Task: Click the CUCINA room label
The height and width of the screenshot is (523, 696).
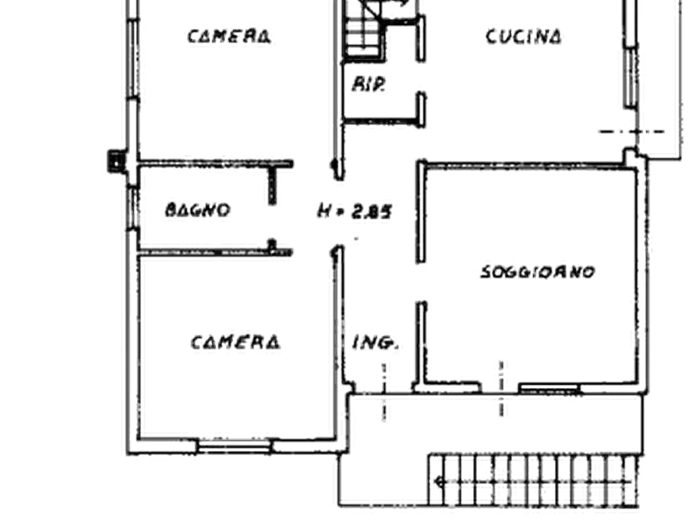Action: coord(523,37)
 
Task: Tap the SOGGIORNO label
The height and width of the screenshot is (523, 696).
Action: coord(538,272)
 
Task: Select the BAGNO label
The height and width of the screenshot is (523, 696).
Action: coord(197,209)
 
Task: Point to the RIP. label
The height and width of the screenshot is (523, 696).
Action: coord(369,84)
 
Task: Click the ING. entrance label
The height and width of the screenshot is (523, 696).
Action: coord(375,343)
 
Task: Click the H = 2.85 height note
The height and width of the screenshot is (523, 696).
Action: coord(355,211)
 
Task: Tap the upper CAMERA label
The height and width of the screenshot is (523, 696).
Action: coord(229,36)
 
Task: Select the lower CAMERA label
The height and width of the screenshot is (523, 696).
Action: coord(235,342)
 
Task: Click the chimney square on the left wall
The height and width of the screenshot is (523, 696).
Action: coord(115,161)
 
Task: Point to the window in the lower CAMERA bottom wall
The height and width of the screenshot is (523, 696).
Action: coord(234,446)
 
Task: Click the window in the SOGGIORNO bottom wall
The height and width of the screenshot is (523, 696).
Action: coord(549,389)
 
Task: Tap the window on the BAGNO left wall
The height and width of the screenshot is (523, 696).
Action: coord(132,208)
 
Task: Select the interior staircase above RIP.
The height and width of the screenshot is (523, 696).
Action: coord(363,30)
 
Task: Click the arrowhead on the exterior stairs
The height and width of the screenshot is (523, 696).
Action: coord(440,481)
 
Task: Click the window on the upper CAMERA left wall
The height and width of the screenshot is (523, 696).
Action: coord(132,59)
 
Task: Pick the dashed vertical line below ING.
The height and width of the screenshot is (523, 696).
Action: coord(384,392)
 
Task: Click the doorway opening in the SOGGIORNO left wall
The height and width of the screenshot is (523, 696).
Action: coord(421,283)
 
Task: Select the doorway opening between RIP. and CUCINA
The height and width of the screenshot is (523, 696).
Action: coord(421,76)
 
